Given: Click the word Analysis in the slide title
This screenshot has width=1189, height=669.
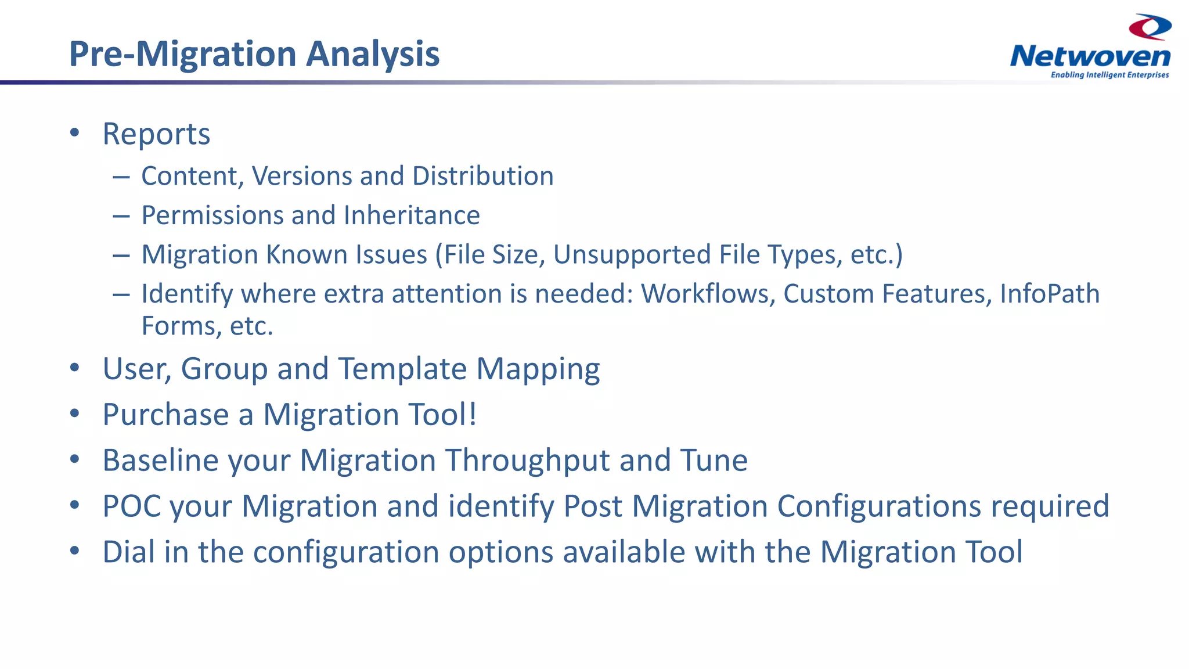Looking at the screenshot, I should (372, 54).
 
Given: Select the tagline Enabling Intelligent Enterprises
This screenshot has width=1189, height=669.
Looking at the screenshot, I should (1109, 75).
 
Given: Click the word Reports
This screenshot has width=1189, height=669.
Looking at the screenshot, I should (156, 134).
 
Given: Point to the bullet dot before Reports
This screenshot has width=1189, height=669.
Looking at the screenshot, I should (74, 133).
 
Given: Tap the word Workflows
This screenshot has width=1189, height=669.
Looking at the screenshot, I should (708, 294).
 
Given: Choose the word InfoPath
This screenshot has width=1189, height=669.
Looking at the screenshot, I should (1050, 294).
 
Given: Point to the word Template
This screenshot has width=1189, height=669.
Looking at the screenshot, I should (402, 369).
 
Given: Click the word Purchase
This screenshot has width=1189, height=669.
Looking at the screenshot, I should (165, 415).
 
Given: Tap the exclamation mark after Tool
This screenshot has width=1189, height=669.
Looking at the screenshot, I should (473, 415).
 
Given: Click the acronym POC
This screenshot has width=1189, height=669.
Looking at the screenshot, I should (131, 506).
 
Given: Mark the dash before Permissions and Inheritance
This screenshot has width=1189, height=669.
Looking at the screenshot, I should (121, 216).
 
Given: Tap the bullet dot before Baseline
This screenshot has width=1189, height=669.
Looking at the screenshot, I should (74, 460).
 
